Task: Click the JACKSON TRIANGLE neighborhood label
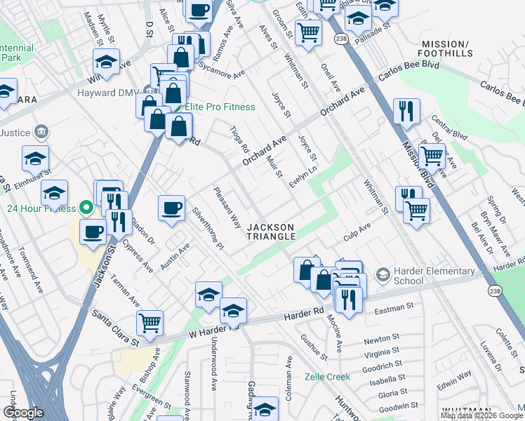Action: click(x=271, y=232)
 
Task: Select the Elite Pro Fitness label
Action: click(x=220, y=107)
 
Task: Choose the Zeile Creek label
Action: click(x=327, y=377)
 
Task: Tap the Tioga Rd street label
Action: click(x=240, y=140)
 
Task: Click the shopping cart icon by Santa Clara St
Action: click(x=149, y=323)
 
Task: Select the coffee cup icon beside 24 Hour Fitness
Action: click(x=93, y=232)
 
